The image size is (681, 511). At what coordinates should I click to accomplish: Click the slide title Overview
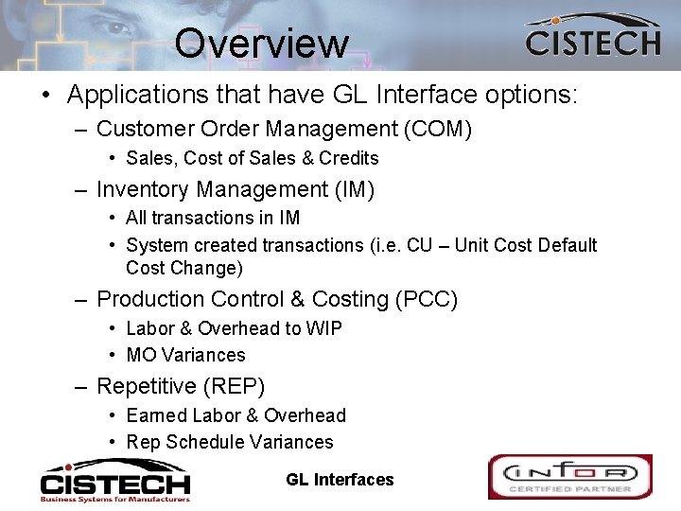pyautogui.click(x=261, y=43)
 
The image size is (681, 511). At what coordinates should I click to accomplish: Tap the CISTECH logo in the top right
pyautogui.click(x=592, y=37)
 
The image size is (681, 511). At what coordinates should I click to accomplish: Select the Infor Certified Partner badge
pyautogui.click(x=569, y=476)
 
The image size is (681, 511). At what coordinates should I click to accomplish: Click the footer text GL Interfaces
pyautogui.click(x=340, y=480)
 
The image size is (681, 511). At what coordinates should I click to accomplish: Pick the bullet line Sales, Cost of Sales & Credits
pyautogui.click(x=252, y=158)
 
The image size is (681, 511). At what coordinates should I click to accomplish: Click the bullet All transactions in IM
pyautogui.click(x=213, y=218)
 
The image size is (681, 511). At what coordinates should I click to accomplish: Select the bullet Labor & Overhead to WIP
pyautogui.click(x=234, y=328)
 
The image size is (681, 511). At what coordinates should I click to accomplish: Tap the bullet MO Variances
pyautogui.click(x=185, y=355)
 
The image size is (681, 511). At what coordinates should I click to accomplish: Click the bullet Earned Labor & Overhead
pyautogui.click(x=236, y=415)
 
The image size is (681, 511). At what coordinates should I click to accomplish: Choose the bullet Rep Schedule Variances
pyautogui.click(x=229, y=442)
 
